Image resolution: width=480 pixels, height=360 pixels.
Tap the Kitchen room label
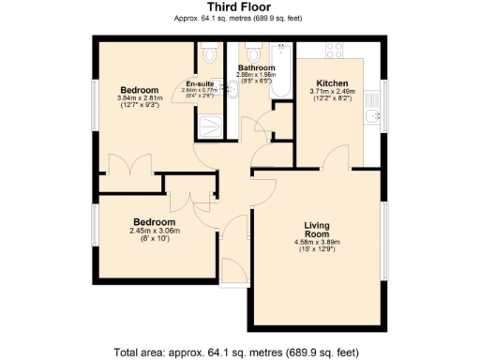coord(334,82)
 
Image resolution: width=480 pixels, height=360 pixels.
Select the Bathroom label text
coord(256,68)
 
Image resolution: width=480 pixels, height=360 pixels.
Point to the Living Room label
coord(321,230)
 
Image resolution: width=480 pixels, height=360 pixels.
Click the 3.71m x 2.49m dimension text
coord(334,91)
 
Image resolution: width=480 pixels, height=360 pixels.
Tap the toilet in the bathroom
coord(250,52)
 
